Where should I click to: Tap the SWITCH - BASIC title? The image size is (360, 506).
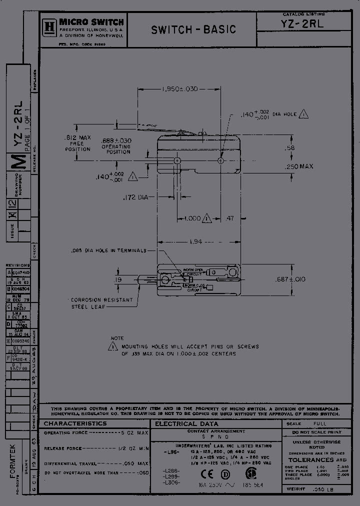pos(193,29)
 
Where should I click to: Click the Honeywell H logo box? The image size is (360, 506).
pos(49,26)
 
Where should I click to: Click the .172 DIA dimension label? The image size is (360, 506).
pos(136,198)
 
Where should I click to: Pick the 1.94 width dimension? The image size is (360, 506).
pos(196,241)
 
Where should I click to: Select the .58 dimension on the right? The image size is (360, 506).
pos(289,148)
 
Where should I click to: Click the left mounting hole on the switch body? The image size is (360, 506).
pos(177,160)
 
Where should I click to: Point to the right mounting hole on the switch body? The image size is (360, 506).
pos(221,160)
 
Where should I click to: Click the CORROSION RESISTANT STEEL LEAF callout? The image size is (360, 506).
pos(101,303)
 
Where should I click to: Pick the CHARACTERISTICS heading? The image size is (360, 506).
pos(75,423)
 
